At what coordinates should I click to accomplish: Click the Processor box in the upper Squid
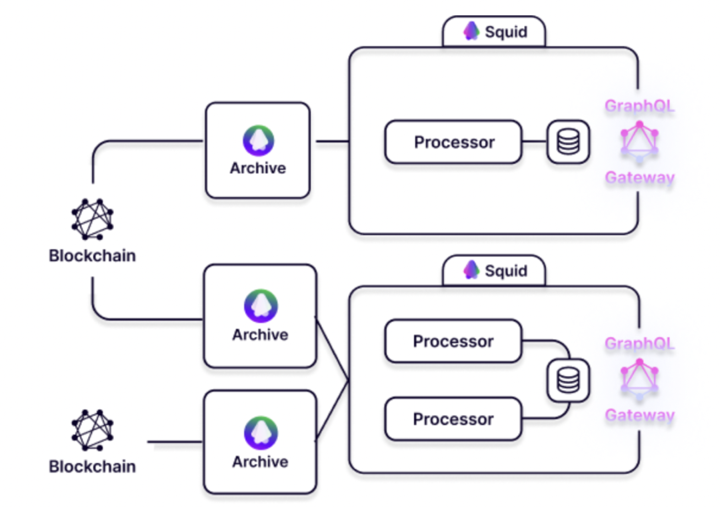[x=453, y=142]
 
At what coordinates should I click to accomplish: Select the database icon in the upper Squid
[x=568, y=142]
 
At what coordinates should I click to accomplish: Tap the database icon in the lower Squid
[x=568, y=380]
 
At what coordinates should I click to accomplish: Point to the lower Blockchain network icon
[x=92, y=430]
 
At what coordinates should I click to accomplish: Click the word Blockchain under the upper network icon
[x=92, y=255]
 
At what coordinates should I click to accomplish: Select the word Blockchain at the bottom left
[x=92, y=466]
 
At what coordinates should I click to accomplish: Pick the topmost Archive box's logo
[x=258, y=141]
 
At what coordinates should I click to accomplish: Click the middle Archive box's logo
[x=260, y=306]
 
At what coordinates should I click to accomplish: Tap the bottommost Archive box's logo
[x=260, y=433]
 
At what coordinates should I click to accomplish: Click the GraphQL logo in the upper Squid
[x=639, y=142]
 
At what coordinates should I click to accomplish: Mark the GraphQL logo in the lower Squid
[x=639, y=380]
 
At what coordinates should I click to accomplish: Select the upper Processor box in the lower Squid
[x=453, y=341]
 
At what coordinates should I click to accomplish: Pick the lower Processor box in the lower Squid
[x=453, y=419]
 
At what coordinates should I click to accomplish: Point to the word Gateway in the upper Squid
[x=639, y=178]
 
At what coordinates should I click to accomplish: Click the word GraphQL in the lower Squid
[x=639, y=344]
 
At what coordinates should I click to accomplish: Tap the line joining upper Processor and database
[x=534, y=142]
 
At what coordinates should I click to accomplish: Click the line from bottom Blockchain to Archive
[x=175, y=442]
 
